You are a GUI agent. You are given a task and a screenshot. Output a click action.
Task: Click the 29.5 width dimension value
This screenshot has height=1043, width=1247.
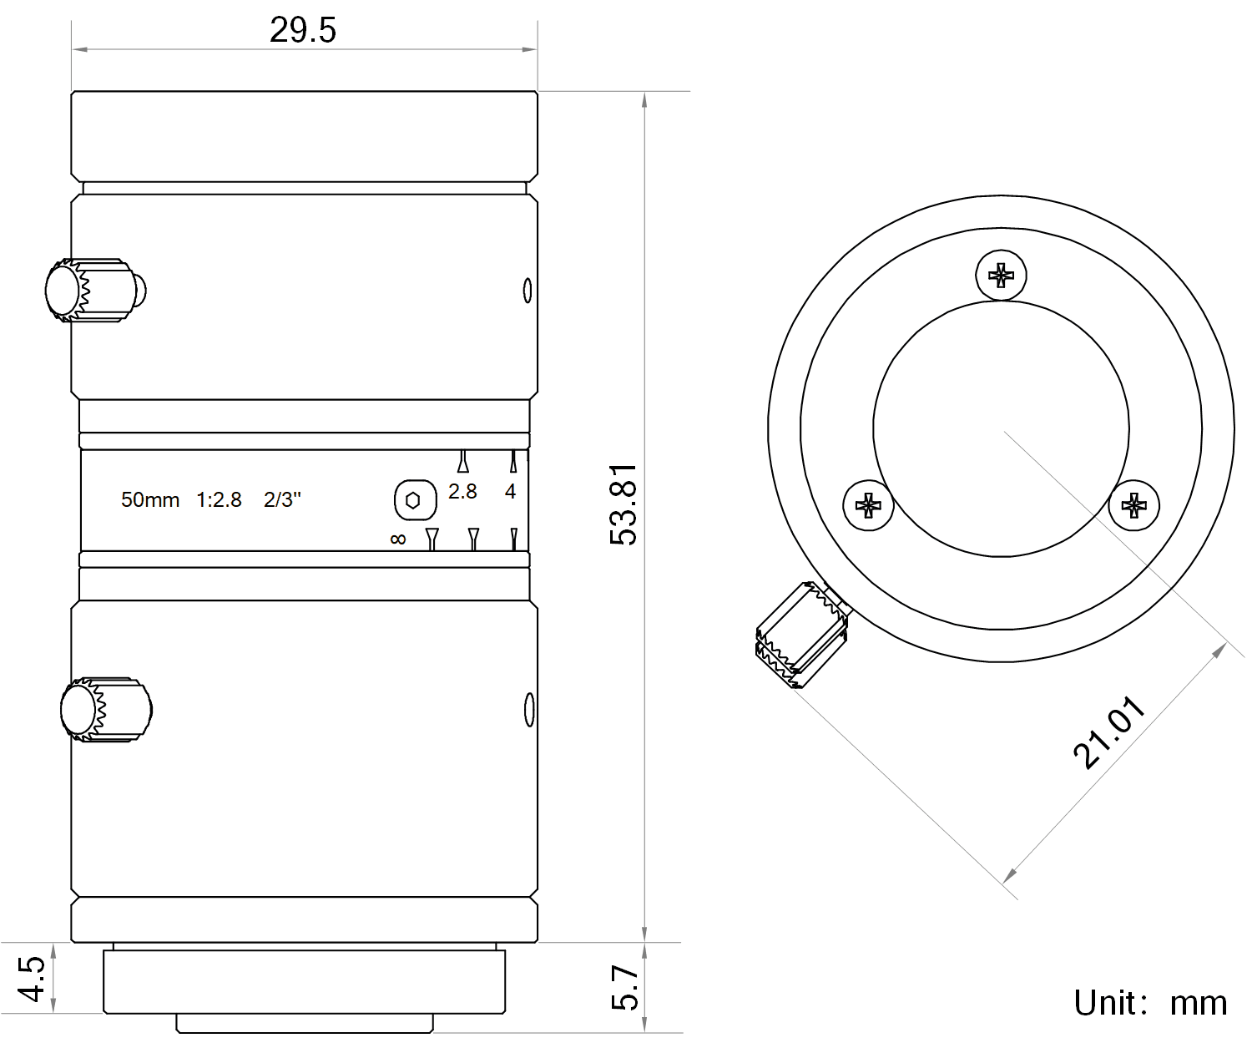[x=303, y=30]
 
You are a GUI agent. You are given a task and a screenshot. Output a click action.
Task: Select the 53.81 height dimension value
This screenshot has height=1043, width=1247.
[x=623, y=504]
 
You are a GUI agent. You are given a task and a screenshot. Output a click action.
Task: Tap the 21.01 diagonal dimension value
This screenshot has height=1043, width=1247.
[x=1109, y=732]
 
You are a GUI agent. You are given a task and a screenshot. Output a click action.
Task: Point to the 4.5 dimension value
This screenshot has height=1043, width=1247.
[x=31, y=979]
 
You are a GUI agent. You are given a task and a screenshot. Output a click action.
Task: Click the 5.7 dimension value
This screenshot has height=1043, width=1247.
[x=624, y=987]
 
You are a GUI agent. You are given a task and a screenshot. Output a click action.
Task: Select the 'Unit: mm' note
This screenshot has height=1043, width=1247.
[x=1149, y=1002]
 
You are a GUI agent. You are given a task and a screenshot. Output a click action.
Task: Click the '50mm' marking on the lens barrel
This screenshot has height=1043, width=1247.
[x=150, y=499]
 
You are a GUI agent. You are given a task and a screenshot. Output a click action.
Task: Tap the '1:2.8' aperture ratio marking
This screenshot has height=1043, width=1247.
[x=220, y=499]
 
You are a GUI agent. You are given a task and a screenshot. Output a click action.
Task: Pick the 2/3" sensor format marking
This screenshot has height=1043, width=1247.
[x=282, y=499]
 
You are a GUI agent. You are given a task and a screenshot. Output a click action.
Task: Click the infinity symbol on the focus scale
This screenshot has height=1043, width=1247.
[x=398, y=539]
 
